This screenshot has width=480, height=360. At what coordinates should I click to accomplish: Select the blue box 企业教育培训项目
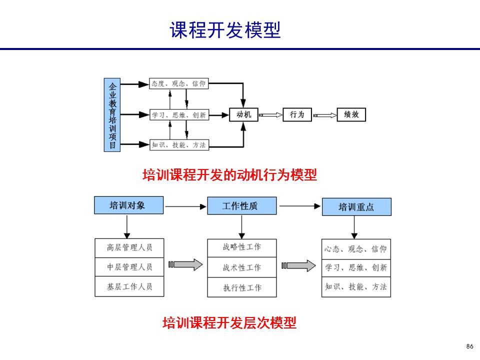point(112,114)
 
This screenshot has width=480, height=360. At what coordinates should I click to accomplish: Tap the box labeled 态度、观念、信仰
point(178,84)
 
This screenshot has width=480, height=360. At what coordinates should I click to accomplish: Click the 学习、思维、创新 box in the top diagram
point(178,115)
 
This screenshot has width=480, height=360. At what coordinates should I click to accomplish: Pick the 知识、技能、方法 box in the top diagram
point(178,145)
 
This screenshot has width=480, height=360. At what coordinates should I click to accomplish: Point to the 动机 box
point(243,115)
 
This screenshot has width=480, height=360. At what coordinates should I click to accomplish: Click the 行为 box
point(297,115)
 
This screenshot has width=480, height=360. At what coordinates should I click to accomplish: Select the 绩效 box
point(351,115)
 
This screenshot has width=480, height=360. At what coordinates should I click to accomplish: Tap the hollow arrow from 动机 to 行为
point(270,115)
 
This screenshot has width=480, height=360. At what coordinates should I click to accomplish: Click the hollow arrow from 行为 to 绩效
point(324,115)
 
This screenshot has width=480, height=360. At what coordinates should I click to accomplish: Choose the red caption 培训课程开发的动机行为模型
point(230,175)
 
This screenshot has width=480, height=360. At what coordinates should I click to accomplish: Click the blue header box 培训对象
point(128,205)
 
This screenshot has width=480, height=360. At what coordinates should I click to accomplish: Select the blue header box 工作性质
point(241,206)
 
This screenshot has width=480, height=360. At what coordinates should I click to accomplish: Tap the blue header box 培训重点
point(356,207)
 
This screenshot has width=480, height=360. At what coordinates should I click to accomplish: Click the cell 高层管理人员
point(129,247)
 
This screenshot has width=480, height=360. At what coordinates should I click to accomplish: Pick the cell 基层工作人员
point(129,287)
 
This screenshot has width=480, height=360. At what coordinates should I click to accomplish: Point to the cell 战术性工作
point(241,267)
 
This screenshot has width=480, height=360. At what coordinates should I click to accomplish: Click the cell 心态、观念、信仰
point(355,249)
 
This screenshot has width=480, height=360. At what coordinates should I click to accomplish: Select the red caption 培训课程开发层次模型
point(229,323)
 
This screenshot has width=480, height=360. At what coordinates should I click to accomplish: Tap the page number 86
point(469,346)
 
